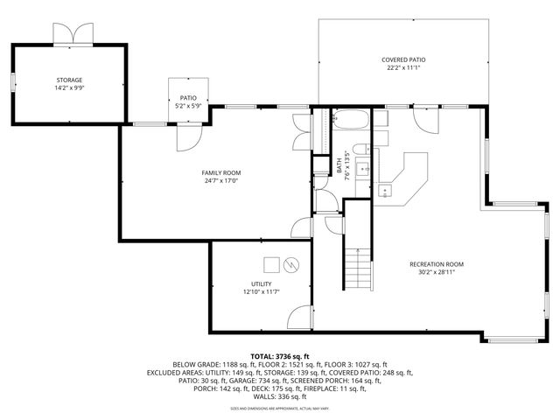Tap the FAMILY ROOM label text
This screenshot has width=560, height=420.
pos(222,172)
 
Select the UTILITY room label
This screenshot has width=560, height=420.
pos(261,283)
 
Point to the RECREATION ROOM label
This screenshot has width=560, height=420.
pos(437,263)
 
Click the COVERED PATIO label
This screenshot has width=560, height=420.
pos(403,60)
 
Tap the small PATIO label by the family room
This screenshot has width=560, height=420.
pos(189,98)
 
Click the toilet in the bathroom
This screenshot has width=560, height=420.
pos(360,146)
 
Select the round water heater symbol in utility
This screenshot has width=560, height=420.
pos(292,262)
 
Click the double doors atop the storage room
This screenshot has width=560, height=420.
pos(70,33)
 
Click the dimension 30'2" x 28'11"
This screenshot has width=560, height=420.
pos(437,272)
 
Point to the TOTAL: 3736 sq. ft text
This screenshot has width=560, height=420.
pos(280,356)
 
